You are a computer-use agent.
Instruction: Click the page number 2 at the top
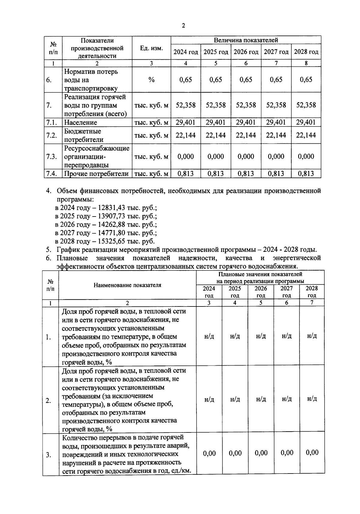click(x=183, y=25)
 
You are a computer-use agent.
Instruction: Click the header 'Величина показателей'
click(x=246, y=40)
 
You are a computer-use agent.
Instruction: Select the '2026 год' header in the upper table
click(x=246, y=52)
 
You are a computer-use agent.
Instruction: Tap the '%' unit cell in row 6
click(x=151, y=80)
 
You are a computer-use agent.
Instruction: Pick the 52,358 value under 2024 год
click(x=186, y=105)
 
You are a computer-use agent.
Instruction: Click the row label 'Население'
click(x=80, y=122)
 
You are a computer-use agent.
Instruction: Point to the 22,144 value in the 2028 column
click(x=306, y=135)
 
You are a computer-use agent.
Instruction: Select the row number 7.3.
click(x=52, y=157)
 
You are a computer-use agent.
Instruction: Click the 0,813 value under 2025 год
click(x=216, y=174)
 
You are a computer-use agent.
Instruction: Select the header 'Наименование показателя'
click(x=127, y=285)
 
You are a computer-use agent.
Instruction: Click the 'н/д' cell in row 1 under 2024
click(x=209, y=336)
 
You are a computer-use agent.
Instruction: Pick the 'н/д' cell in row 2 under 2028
click(x=312, y=399)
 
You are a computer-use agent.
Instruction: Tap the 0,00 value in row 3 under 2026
click(x=261, y=453)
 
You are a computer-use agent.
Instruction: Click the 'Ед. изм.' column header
click(x=151, y=48)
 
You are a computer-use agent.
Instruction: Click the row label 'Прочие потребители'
click(x=96, y=174)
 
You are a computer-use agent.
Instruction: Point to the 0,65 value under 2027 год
click(x=276, y=80)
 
